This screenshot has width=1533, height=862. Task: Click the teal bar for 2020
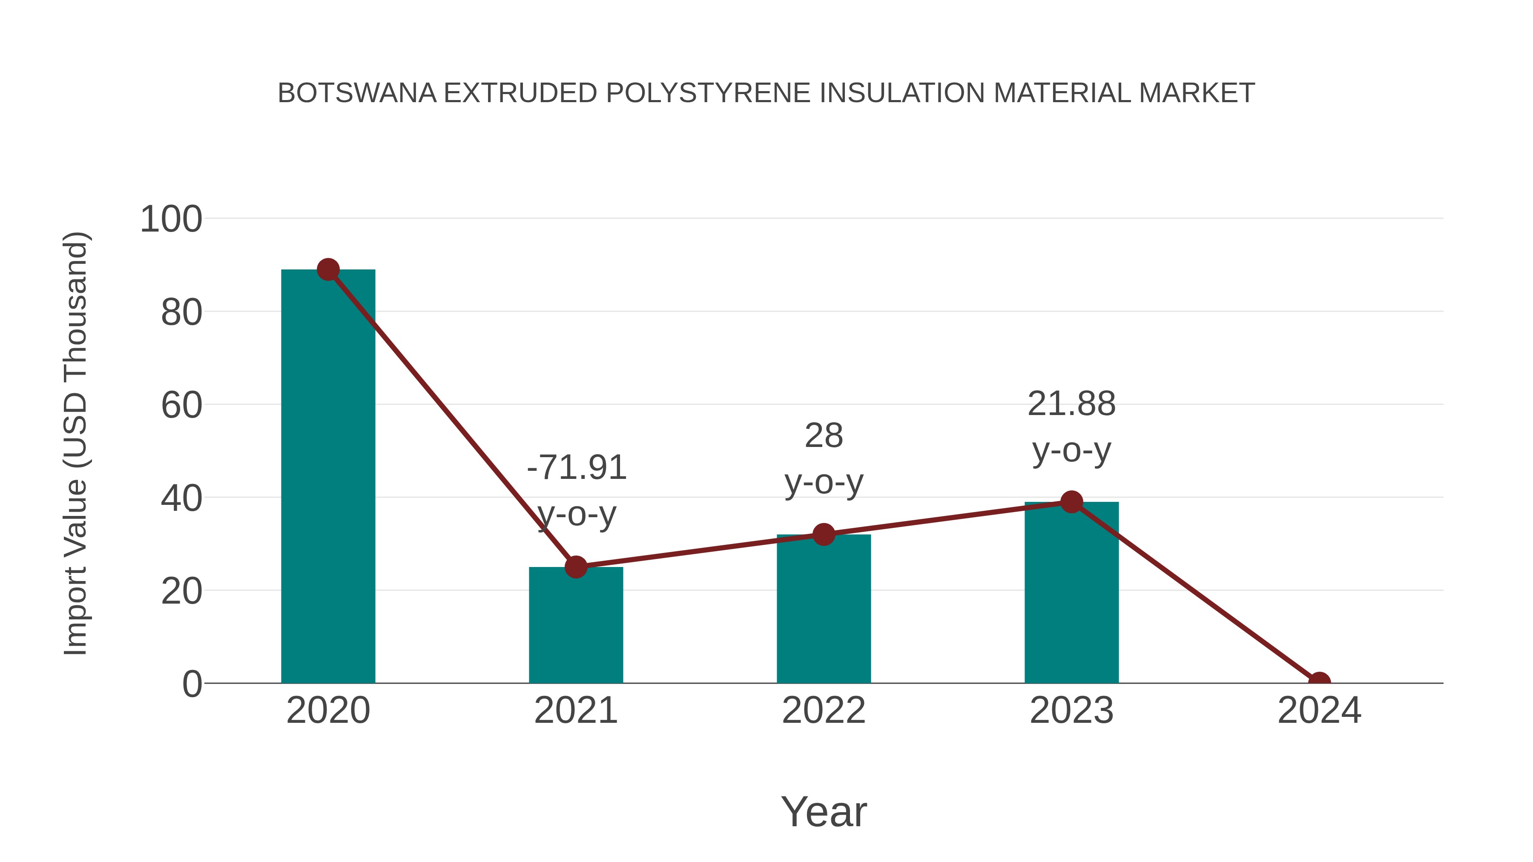tap(328, 476)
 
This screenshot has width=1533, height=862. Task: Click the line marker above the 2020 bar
tap(328, 269)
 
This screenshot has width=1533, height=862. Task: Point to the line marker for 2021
tap(575, 567)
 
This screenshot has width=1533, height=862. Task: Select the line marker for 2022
tap(824, 534)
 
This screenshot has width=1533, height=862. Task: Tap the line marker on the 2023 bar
tap(1071, 502)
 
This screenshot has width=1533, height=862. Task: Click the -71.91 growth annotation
tap(577, 467)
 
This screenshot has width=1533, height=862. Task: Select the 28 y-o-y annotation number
tap(824, 436)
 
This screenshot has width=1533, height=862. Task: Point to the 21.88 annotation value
tap(1071, 404)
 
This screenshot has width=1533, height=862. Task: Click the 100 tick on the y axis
tap(171, 219)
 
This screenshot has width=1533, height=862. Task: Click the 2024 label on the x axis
tap(1319, 710)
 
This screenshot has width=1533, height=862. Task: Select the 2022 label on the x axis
tap(824, 710)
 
